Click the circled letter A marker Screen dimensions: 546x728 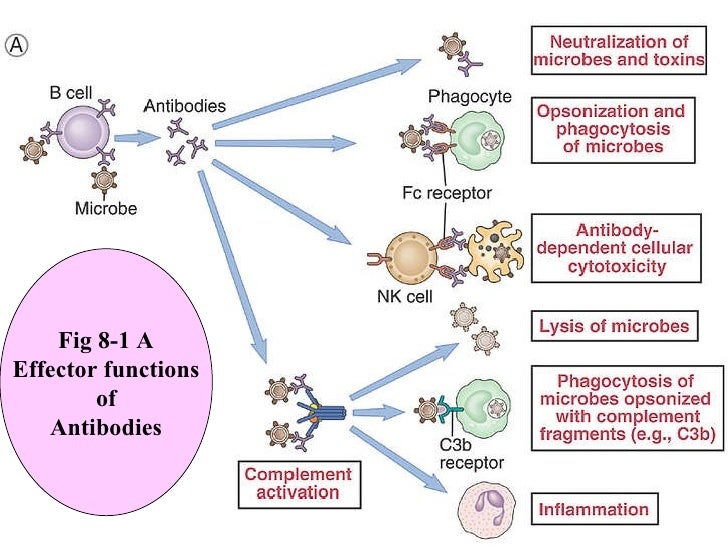pos(17,46)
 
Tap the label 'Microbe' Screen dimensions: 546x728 pos(105,209)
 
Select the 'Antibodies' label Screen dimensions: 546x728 pos(184,105)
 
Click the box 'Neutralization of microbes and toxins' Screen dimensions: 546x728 pos(617,50)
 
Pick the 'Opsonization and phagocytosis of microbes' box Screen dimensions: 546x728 pos(611,129)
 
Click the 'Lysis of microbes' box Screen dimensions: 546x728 pos(614,326)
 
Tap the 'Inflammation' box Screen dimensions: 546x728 pos(593,509)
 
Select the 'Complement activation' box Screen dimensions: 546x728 pos(298,483)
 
